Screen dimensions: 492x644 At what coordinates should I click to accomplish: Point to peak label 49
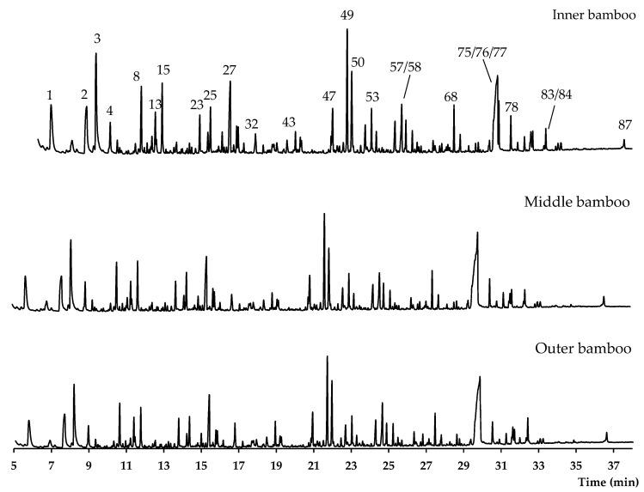(x=347, y=15)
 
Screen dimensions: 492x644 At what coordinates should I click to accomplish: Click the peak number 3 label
(x=97, y=39)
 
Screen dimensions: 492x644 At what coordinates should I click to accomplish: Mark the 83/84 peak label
(x=556, y=94)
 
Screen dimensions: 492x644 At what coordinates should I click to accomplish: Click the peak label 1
(x=51, y=94)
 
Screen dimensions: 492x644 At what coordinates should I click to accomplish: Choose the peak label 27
(x=229, y=70)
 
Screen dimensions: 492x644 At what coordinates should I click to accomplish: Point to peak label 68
(x=451, y=95)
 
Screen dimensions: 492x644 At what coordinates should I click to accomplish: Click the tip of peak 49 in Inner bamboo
(x=347, y=29)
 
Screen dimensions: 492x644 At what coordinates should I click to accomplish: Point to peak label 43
(x=289, y=122)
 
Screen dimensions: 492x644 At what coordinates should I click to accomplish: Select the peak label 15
(x=163, y=70)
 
